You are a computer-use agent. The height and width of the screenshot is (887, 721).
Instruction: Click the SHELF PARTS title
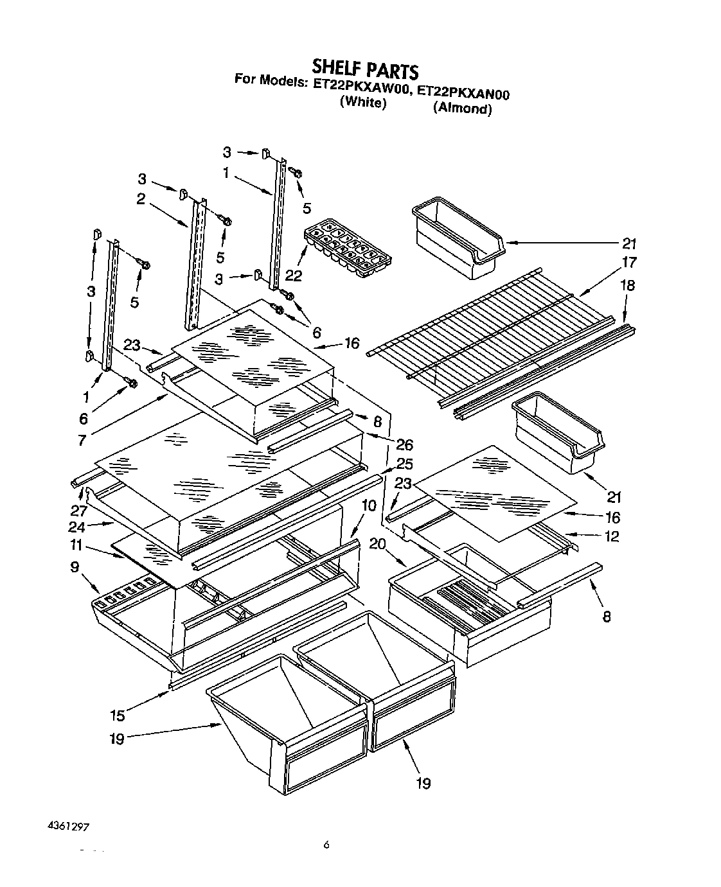coord(364,69)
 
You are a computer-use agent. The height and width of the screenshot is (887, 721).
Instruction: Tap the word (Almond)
coord(462,109)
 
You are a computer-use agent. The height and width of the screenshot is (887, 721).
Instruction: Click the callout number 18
coord(627,285)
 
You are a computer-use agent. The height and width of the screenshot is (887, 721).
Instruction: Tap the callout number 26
coord(405,444)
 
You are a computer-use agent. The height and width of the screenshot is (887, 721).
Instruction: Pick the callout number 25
coord(405,464)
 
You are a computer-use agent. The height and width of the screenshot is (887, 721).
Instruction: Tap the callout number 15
coord(118,715)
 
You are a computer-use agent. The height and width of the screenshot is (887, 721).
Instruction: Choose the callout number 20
coord(377,543)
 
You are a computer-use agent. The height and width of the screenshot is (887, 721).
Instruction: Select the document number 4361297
coord(67,827)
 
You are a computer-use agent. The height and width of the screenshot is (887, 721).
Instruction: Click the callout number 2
coord(140,200)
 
